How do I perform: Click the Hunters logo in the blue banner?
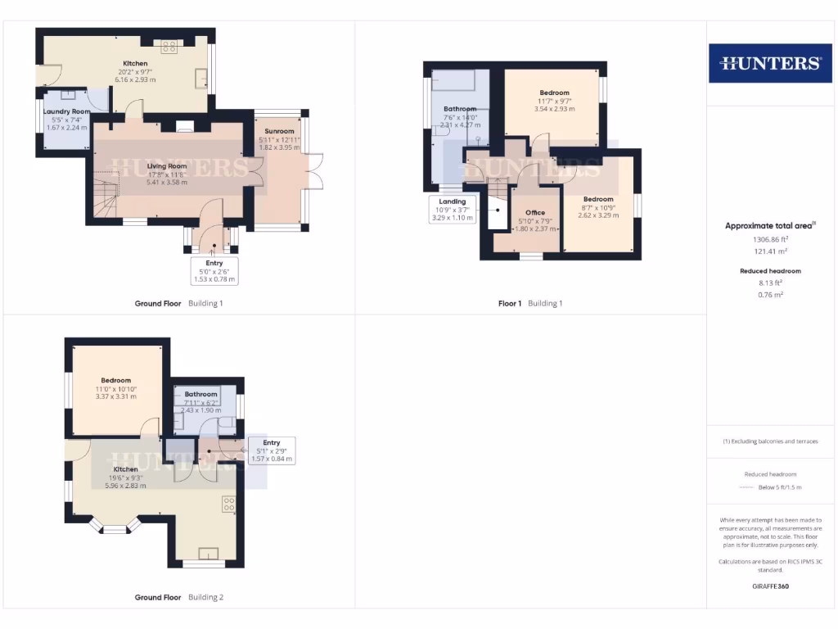(x=770, y=63)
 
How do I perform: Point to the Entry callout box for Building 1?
(x=214, y=271)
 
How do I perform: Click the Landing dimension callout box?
(x=452, y=209)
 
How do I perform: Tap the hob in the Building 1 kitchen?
(x=171, y=46)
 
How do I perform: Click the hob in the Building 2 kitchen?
(x=230, y=505)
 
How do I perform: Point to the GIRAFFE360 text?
(x=769, y=586)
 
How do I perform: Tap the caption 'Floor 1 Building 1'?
(x=530, y=303)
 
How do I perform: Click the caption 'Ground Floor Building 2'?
(x=178, y=597)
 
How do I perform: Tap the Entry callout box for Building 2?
(x=274, y=450)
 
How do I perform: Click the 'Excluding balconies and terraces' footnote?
(x=770, y=441)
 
